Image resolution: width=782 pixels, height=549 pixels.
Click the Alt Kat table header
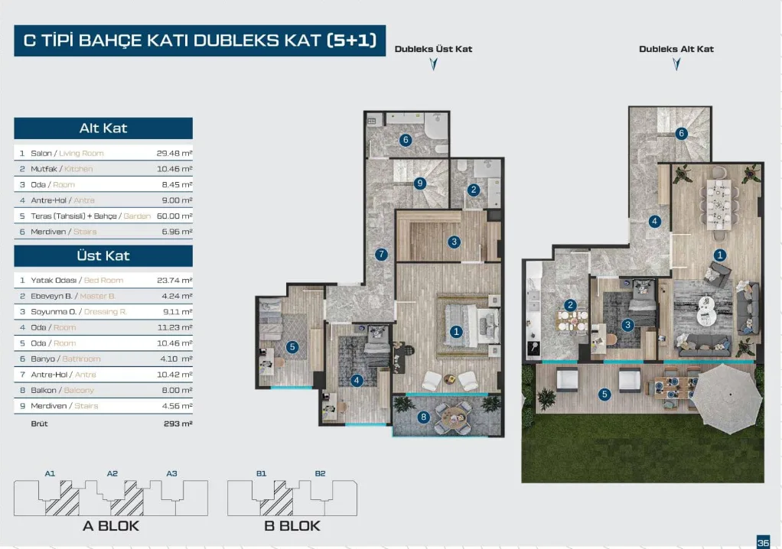tap(103, 128)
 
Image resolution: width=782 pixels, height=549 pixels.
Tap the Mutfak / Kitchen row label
tap(61, 169)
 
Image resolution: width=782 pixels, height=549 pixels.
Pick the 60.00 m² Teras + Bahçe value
tap(174, 216)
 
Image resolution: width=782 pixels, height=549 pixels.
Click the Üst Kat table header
tap(103, 255)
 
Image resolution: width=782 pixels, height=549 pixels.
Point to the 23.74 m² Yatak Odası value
tap(174, 281)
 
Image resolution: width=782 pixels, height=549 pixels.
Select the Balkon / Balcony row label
tap(62, 391)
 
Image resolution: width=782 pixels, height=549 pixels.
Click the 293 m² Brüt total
tap(178, 424)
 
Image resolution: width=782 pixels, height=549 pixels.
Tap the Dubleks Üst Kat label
tap(433, 49)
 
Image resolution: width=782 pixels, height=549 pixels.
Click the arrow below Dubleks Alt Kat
tap(676, 64)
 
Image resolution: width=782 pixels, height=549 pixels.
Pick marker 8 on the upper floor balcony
tap(423, 417)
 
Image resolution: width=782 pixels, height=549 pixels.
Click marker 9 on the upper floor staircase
tap(420, 184)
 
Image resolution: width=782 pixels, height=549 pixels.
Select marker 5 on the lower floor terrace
tap(604, 395)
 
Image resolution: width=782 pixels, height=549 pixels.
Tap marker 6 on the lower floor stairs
tap(681, 133)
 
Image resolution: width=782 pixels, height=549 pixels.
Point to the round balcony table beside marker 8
tap(453, 415)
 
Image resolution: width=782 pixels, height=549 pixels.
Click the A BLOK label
tap(111, 526)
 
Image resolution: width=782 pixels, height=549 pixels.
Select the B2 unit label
tap(320, 473)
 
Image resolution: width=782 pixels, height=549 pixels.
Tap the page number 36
tap(763, 542)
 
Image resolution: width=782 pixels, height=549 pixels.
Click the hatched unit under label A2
tap(127, 501)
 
